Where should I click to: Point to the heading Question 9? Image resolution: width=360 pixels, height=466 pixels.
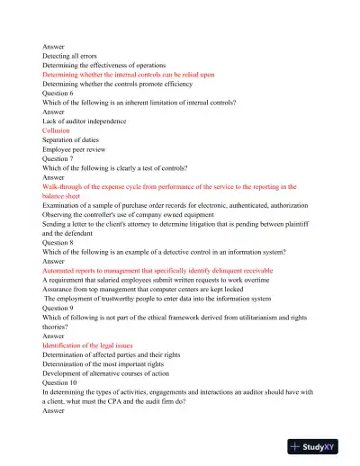61,317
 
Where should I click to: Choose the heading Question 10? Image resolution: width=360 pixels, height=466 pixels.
63,382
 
